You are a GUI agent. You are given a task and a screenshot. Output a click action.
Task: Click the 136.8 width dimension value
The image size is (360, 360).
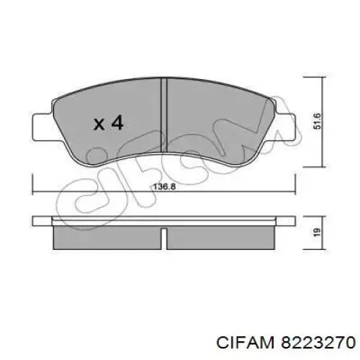(165, 186)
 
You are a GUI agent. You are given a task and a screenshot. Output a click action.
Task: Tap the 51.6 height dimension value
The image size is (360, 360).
(317, 121)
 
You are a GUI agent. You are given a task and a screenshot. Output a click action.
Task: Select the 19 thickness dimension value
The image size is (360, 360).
(317, 232)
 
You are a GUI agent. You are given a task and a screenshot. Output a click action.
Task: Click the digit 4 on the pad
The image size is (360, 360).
(117, 122)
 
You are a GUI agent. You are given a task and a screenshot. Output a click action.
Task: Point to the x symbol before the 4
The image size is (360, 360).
(99, 125)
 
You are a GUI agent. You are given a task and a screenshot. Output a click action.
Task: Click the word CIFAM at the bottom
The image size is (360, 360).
(245, 342)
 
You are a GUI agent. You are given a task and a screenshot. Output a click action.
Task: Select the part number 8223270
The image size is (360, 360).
(318, 342)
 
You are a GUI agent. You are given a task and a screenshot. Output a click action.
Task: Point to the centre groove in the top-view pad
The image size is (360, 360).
(164, 116)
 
